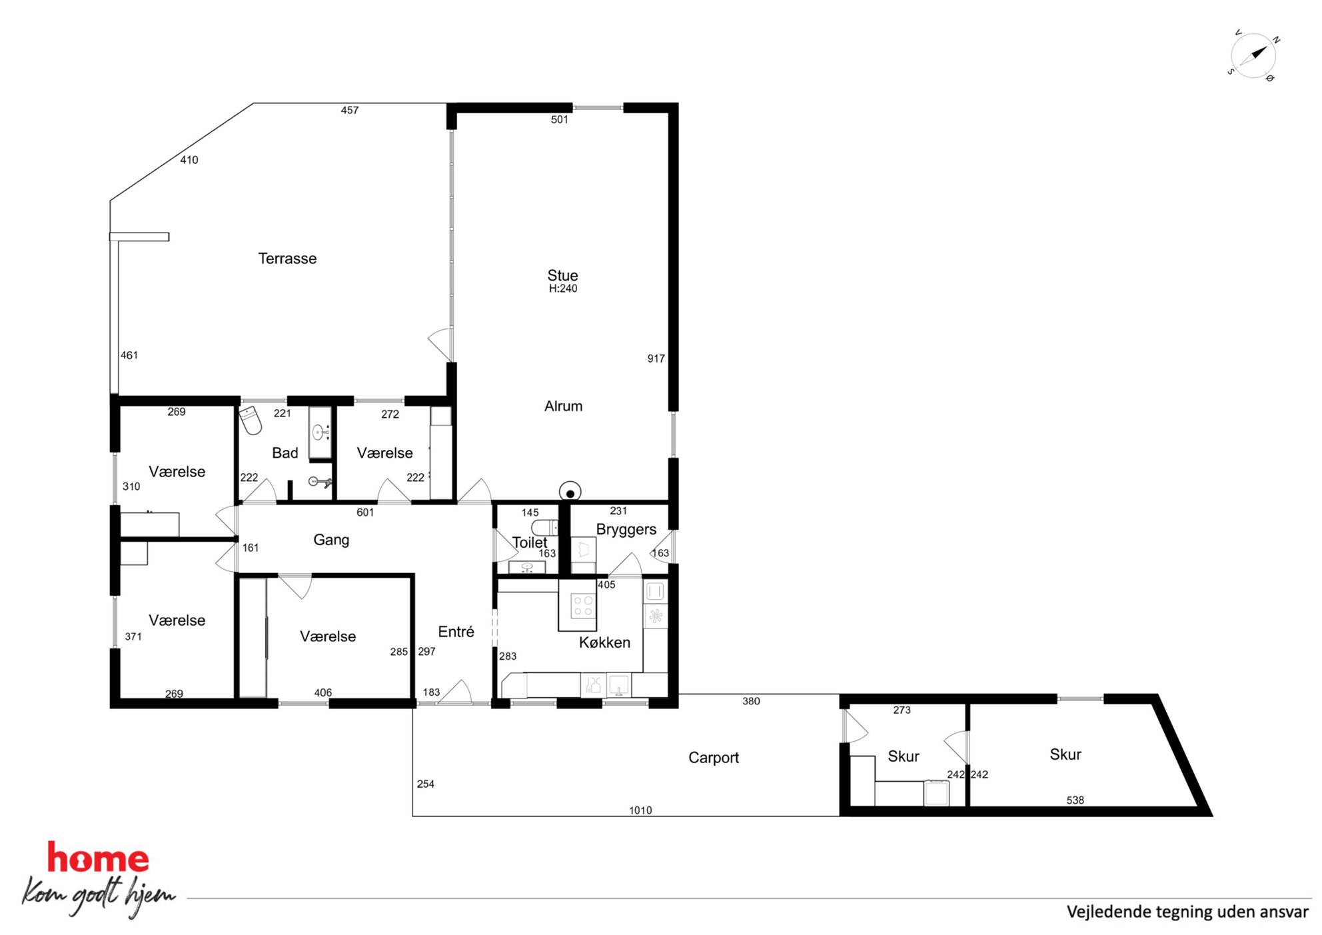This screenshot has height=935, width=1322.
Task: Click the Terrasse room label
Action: tap(287, 259)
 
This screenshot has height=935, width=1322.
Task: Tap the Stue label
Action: tap(562, 275)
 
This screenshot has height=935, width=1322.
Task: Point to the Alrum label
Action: tap(563, 406)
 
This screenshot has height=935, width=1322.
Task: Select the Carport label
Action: tap(714, 758)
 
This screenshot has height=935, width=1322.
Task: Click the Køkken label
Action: tap(604, 642)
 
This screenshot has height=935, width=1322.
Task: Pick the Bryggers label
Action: tap(626, 530)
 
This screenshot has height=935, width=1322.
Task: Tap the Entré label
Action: tap(456, 632)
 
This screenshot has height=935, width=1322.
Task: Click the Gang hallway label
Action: tap(331, 540)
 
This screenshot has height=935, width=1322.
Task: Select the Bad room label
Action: tap(285, 453)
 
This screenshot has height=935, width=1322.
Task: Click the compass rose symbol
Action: tap(1253, 55)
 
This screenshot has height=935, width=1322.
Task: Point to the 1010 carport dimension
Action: tap(640, 810)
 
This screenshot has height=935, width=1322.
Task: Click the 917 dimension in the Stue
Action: tap(656, 359)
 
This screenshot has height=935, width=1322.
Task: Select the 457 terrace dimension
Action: tap(350, 111)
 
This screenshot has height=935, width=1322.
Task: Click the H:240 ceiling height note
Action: tap(563, 289)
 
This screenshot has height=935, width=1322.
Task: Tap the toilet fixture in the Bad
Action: tap(250, 420)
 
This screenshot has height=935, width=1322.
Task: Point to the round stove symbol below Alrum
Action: tap(570, 492)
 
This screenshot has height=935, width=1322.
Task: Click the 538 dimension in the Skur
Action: tap(1075, 800)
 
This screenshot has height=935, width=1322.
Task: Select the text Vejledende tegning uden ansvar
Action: tap(1187, 912)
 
